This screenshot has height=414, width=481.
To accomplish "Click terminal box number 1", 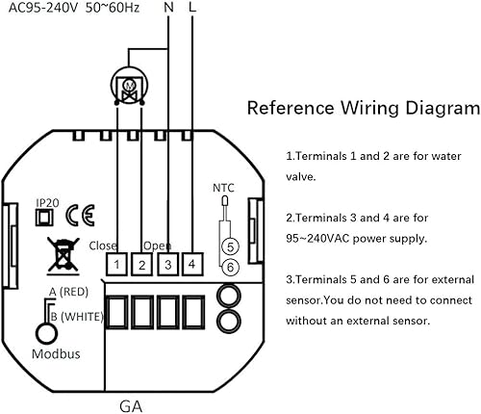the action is (116, 264).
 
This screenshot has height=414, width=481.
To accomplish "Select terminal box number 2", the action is (142, 264).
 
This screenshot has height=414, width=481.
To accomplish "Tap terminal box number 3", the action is (167, 264).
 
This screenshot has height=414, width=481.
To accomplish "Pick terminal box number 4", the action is (192, 264).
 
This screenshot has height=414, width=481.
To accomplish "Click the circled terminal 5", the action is (230, 246).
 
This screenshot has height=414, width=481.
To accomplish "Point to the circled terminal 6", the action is (230, 267).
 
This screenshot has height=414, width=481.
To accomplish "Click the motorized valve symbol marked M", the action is (130, 86).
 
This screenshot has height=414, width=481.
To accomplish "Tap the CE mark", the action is (80, 215).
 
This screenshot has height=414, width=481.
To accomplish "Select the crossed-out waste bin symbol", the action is (63, 256).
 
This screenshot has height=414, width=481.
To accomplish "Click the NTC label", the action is (223, 188).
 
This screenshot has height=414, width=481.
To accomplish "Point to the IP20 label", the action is (47, 203).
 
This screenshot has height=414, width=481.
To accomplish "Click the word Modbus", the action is (56, 353).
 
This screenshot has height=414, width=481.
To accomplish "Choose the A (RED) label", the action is (68, 292).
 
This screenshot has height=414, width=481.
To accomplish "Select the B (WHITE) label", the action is (77, 317).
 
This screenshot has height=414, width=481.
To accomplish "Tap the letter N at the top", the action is (168, 7).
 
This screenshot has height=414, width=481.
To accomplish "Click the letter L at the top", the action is (192, 7).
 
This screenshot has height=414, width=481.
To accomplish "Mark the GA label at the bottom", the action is (131, 406).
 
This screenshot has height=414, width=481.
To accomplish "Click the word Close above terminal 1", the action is (103, 246).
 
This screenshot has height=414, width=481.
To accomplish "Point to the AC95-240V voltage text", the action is (43, 8).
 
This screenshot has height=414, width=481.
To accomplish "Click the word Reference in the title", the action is (291, 108).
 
